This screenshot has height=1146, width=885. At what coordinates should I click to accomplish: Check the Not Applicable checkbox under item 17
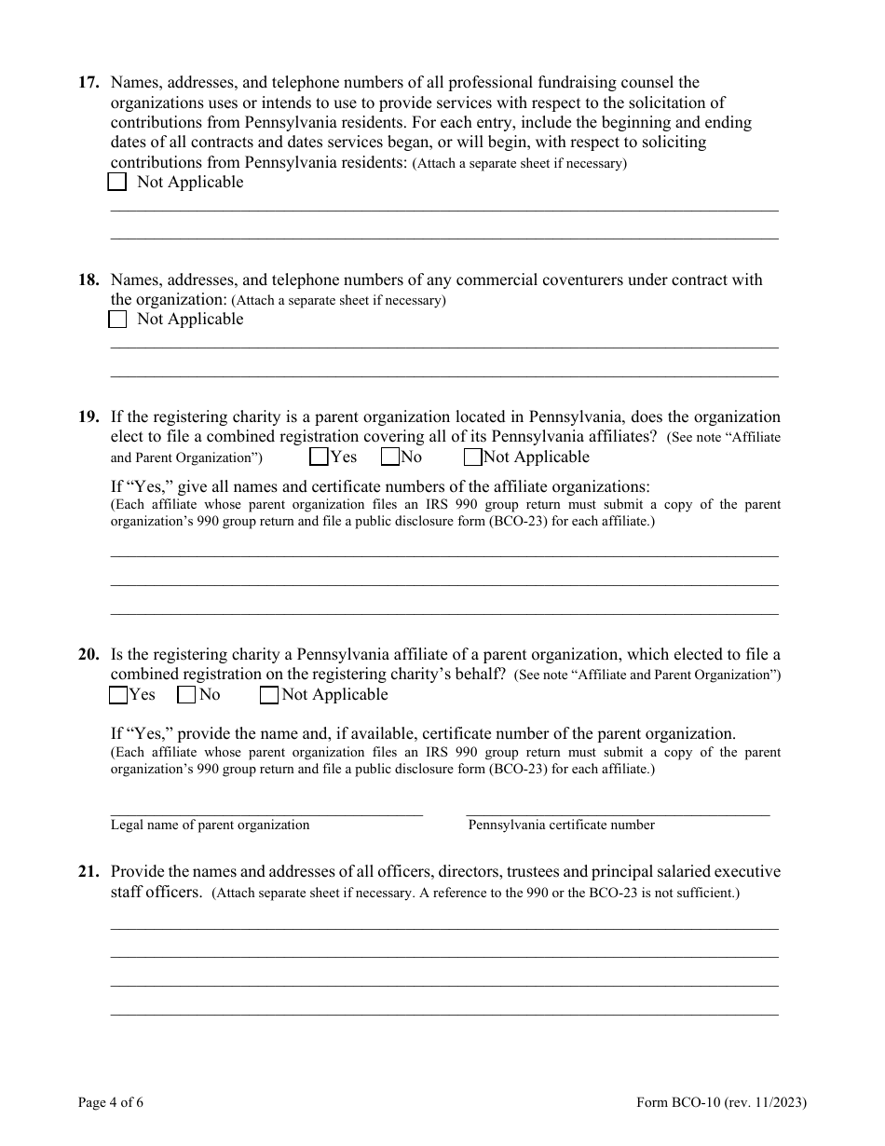(x=117, y=183)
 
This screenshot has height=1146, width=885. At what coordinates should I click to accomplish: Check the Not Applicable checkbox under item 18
(x=117, y=320)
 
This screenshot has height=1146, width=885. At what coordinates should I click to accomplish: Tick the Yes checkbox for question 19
(x=319, y=457)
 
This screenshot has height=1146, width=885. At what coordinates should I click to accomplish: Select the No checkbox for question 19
(x=390, y=457)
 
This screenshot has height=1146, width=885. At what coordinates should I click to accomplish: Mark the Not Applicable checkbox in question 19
(x=472, y=457)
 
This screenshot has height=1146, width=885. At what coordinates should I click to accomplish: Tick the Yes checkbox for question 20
(x=118, y=694)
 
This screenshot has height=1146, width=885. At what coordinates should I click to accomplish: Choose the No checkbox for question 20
(x=186, y=694)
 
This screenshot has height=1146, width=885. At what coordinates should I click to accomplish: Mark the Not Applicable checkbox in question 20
(x=268, y=694)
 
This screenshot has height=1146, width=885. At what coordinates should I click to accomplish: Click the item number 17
(x=88, y=83)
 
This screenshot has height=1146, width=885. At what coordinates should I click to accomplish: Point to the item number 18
(x=88, y=280)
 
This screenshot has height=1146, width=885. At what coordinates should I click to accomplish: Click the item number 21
(x=88, y=872)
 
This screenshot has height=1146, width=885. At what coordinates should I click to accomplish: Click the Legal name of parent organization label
(x=210, y=825)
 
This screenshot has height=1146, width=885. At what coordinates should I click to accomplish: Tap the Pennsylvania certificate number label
(x=561, y=825)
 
